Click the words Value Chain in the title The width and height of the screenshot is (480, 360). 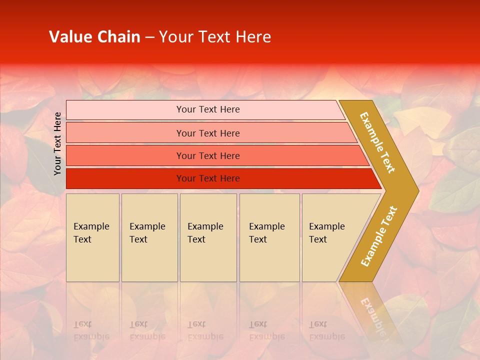94,37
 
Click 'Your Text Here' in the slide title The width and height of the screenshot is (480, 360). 215,37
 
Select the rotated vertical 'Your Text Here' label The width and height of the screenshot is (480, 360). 57,143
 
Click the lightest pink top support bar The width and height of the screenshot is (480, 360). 125,110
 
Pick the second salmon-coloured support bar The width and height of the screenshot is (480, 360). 125,133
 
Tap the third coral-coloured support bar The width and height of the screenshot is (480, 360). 125,155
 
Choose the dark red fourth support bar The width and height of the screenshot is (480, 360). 125,178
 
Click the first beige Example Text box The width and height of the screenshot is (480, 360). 92,237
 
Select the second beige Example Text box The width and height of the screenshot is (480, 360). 149,237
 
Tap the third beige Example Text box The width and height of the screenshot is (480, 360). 208,237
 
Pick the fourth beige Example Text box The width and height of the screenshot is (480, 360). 269,237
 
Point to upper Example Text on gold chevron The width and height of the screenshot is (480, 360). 377,142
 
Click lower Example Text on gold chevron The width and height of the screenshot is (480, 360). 379,236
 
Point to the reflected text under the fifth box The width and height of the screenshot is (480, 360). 326,330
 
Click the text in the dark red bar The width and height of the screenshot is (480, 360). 208,178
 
